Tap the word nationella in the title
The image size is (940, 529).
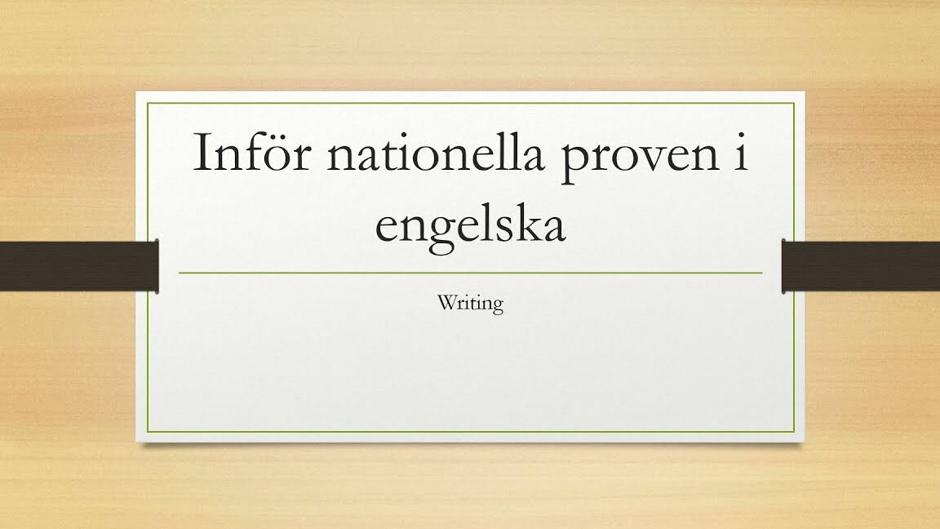click(436, 152)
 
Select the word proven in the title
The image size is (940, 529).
click(639, 158)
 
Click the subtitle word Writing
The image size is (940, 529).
click(471, 304)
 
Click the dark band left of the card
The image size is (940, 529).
click(79, 265)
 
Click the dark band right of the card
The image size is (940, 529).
click(860, 265)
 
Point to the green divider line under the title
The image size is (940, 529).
click(471, 273)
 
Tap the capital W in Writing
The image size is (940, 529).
click(446, 302)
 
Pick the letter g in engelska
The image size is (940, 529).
click(426, 232)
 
